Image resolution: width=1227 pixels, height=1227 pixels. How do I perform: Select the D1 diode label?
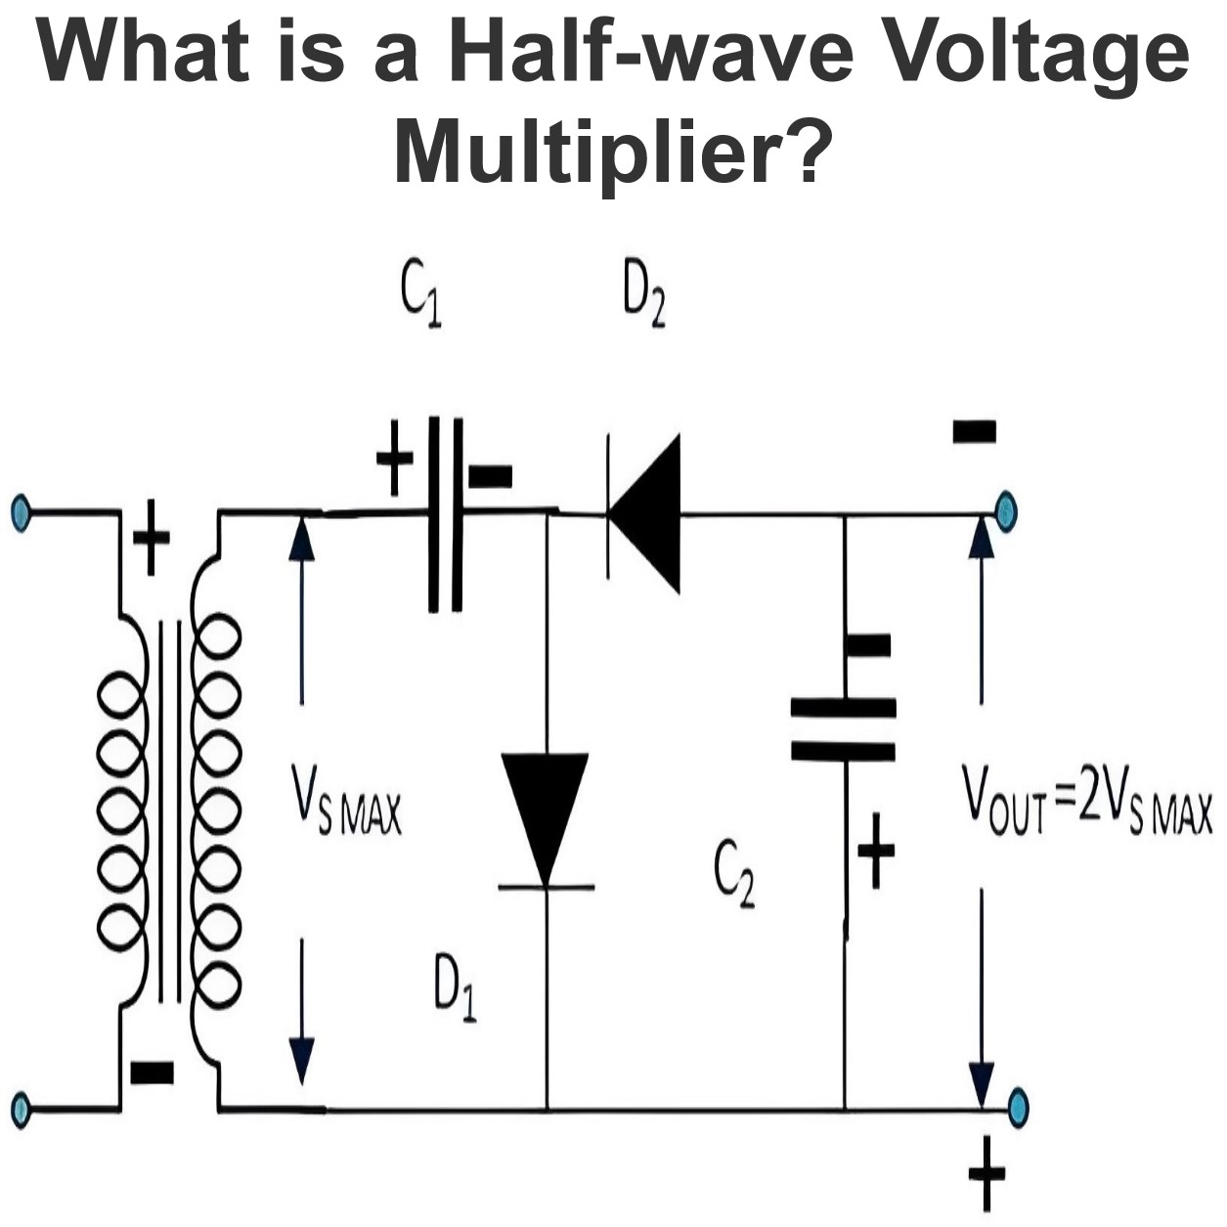[x=456, y=997]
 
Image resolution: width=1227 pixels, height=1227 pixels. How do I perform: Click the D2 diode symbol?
[x=643, y=513]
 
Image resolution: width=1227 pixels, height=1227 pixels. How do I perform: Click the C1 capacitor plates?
[x=445, y=514]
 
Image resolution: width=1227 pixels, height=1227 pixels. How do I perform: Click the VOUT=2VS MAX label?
[x=1087, y=804]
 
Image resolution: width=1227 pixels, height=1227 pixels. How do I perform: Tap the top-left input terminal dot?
[x=21, y=510]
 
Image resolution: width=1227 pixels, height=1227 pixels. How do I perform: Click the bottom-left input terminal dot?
[x=21, y=1111]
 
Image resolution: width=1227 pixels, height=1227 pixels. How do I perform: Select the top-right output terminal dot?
[x=1006, y=510]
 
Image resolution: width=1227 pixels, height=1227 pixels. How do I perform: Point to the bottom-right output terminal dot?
[x=1018, y=1108]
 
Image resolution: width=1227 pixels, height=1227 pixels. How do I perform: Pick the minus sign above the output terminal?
[x=974, y=431]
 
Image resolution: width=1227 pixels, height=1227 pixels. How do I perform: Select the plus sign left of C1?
[x=395, y=458]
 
